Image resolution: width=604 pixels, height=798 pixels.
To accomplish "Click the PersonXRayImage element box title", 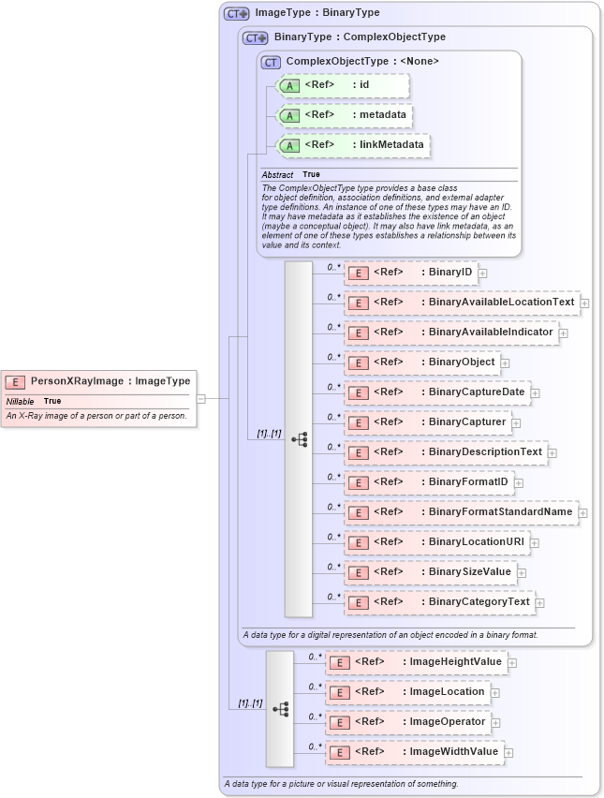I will click(x=110, y=381).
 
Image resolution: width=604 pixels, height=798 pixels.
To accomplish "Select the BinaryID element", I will click(x=411, y=273).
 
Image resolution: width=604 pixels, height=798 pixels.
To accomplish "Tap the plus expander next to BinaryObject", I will click(x=506, y=362).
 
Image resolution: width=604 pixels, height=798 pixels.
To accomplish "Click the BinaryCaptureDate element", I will click(x=436, y=392).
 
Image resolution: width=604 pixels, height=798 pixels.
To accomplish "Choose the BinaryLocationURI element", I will click(x=436, y=541).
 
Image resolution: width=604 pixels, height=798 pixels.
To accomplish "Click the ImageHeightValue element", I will click(x=416, y=662).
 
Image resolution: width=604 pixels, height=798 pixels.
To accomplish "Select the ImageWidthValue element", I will click(x=414, y=752).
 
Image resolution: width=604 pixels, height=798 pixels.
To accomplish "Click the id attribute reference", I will click(x=343, y=85).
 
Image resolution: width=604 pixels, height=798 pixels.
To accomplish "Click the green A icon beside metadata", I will click(x=290, y=115).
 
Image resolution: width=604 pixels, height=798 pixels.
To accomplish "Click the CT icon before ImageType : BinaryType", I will click(x=236, y=14).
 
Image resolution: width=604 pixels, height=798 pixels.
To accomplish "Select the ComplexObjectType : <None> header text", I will click(x=361, y=62).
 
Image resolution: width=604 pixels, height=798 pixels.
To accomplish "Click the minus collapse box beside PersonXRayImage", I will click(x=200, y=398).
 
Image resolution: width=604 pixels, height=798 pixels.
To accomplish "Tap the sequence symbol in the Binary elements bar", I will click(x=299, y=438).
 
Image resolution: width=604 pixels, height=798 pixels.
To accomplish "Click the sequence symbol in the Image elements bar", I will click(x=280, y=709).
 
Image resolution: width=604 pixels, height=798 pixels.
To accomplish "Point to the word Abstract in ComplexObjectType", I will click(x=277, y=175).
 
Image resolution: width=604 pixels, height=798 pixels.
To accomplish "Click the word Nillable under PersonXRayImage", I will click(x=21, y=401).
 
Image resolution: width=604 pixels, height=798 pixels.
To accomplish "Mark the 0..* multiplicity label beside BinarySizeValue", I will click(x=333, y=567).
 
